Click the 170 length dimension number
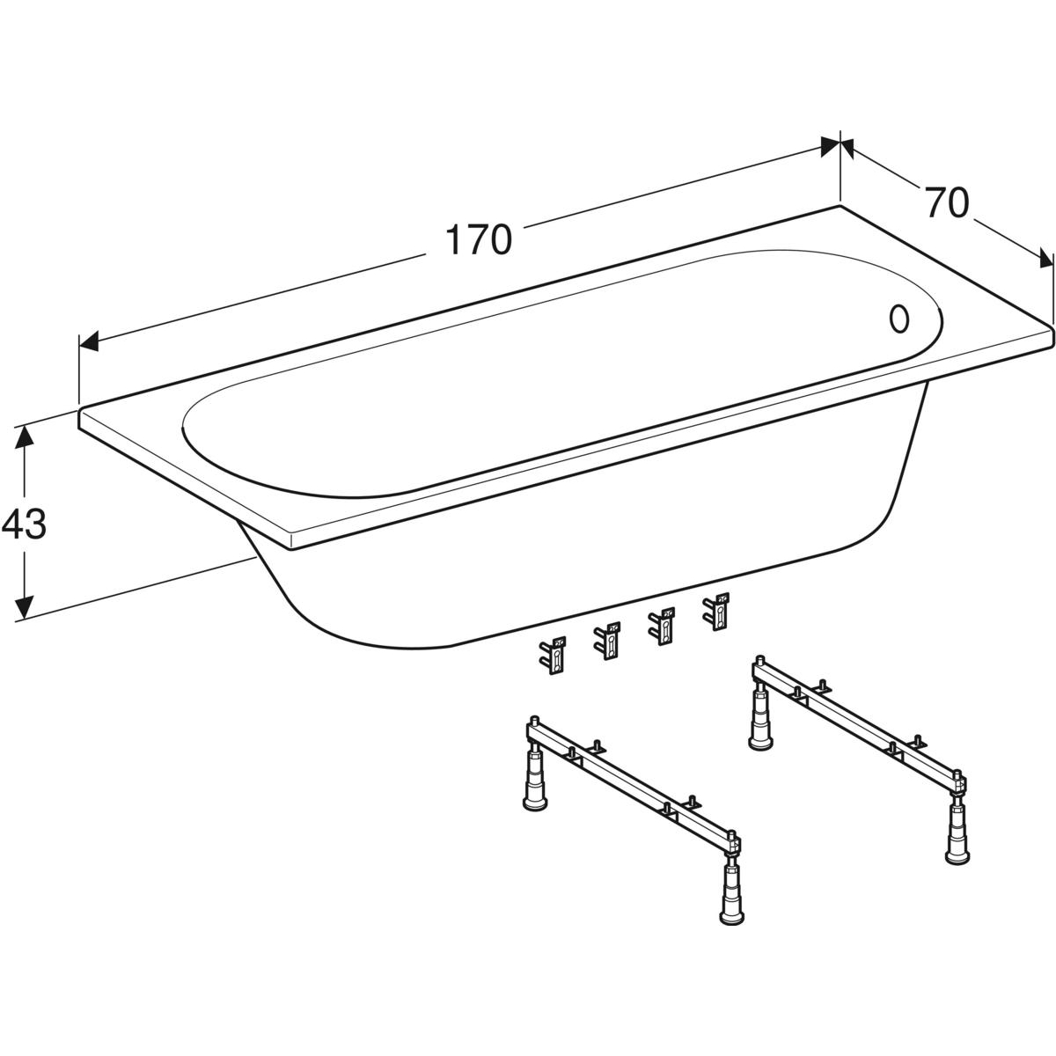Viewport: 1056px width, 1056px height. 479,239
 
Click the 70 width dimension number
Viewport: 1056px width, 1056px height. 947,202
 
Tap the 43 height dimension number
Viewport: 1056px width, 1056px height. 24,524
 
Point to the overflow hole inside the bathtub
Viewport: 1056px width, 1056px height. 898,319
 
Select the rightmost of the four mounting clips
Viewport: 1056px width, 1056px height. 717,611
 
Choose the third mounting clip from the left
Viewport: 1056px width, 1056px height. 662,626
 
